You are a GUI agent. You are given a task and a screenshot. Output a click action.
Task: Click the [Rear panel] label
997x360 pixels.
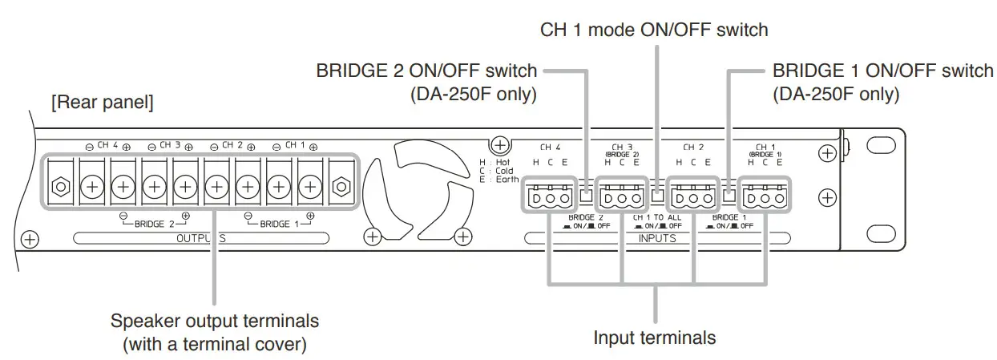(x=102, y=103)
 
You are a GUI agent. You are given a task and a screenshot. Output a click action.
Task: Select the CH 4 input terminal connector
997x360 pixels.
(x=550, y=196)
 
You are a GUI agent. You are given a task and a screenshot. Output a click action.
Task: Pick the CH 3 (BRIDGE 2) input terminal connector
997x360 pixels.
(x=621, y=196)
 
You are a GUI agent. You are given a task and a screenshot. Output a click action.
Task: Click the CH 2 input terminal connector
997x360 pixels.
(x=693, y=196)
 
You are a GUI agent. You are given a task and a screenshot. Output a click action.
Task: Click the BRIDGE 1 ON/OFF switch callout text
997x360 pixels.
(x=882, y=71)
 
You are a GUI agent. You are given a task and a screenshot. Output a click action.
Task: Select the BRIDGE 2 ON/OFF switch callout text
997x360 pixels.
(x=426, y=71)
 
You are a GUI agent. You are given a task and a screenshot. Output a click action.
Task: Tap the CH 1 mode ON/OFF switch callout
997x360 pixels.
(x=655, y=30)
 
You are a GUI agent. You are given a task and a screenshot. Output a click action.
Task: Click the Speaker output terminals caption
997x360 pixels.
(x=214, y=321)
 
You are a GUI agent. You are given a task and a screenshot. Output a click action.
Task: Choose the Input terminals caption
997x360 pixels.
(x=655, y=338)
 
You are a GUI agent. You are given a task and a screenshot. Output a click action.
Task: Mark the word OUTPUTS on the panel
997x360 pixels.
(x=200, y=238)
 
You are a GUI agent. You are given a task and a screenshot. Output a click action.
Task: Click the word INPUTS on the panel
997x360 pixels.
(x=657, y=238)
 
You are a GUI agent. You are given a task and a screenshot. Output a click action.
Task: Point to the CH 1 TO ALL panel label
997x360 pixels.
(x=657, y=217)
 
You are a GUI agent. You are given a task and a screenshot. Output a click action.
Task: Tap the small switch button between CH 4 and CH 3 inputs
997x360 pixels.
(x=586, y=195)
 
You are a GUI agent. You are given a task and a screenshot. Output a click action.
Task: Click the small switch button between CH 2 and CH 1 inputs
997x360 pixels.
(x=729, y=195)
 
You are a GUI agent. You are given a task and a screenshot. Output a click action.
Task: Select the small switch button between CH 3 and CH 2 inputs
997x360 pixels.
(x=657, y=195)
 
